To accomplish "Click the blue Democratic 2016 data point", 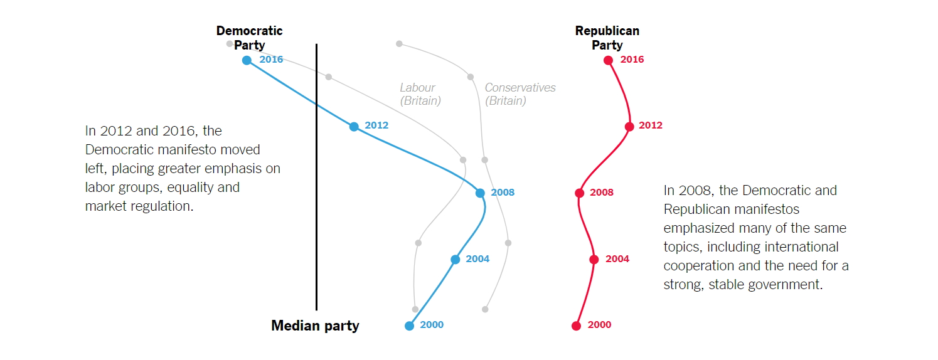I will pos(247,60).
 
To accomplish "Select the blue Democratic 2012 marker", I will pos(354,126).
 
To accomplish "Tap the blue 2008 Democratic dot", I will pos(480,193).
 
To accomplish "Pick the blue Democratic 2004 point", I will pos(456,259).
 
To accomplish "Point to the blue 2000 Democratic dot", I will pos(409,326).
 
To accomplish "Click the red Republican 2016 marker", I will pos(608,60).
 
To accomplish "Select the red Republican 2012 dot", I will pos(629,126).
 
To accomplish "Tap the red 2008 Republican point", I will pos(580,193).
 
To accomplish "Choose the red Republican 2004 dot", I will pos(594,259).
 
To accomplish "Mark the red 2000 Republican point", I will pos(576,326).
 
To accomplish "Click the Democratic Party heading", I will pos(249,38).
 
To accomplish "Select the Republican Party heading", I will pos(607,38).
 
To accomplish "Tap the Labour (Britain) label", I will pos(420,94).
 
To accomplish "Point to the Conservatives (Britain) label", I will pos(520,94).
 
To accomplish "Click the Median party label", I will pos(315,326).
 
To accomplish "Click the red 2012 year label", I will pos(651,125).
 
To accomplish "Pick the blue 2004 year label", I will pos(477,259).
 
